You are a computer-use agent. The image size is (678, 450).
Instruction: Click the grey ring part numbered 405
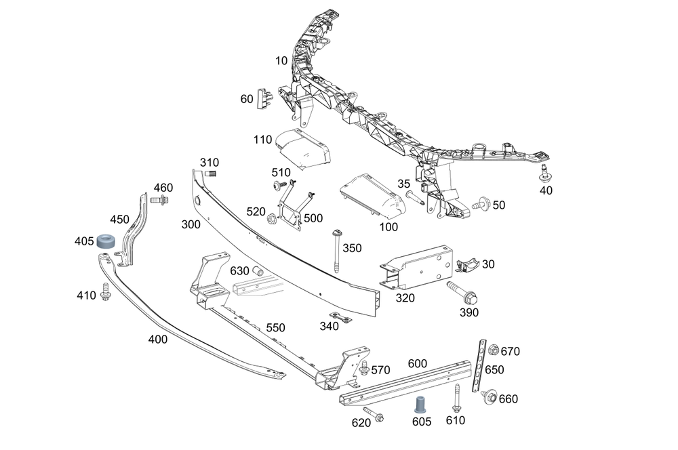click(x=106, y=241)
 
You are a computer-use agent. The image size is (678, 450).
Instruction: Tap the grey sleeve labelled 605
click(x=420, y=404)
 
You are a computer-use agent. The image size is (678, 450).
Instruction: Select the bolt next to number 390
click(x=462, y=292)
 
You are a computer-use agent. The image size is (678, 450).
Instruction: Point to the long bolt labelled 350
click(x=336, y=251)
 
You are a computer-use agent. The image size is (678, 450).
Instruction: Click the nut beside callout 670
click(x=494, y=350)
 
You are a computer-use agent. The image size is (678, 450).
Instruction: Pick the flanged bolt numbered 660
click(x=490, y=396)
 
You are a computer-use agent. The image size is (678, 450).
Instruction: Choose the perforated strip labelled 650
click(x=479, y=366)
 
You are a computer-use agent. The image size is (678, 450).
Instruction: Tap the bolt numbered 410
click(x=106, y=292)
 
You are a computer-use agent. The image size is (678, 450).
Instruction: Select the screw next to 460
click(x=159, y=200)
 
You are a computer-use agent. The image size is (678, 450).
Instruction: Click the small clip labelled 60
click(x=264, y=99)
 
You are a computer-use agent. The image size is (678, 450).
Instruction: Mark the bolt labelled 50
click(x=481, y=203)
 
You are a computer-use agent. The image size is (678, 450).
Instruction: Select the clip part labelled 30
click(x=467, y=264)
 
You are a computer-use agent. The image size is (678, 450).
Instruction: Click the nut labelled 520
click(x=272, y=218)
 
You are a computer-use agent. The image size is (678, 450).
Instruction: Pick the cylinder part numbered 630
click(x=258, y=272)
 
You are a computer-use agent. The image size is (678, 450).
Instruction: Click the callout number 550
click(x=275, y=328)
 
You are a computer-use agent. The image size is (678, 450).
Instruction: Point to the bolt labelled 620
click(x=374, y=413)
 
